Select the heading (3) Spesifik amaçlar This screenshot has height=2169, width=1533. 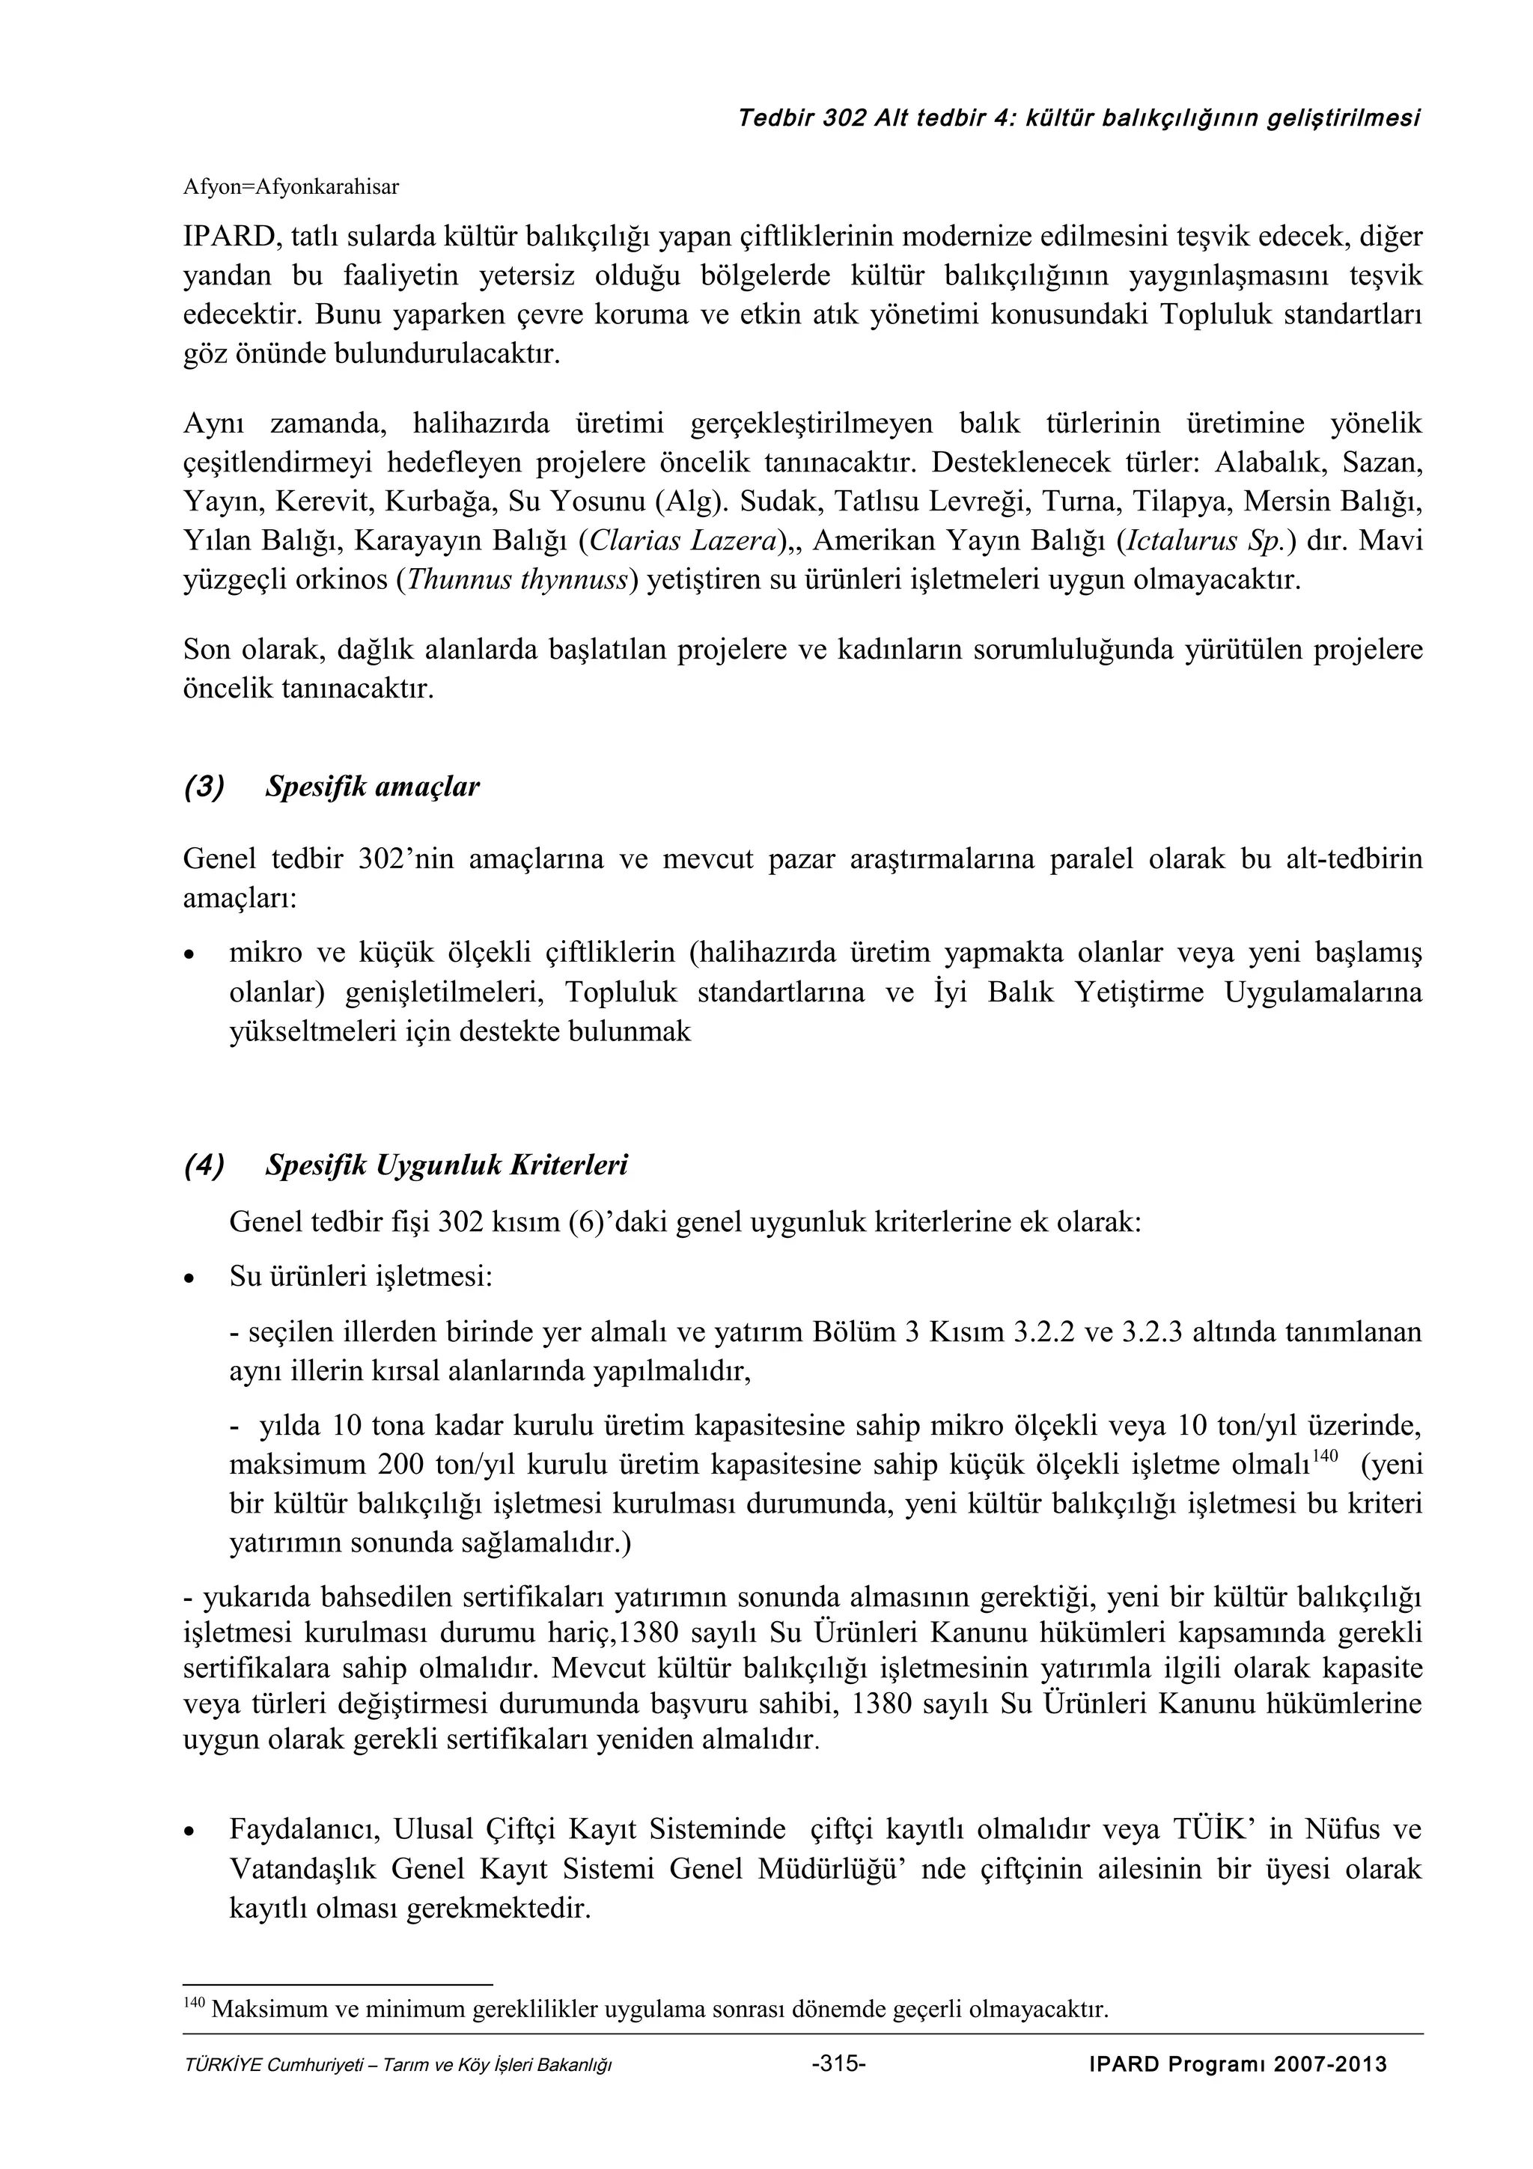coord(332,786)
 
